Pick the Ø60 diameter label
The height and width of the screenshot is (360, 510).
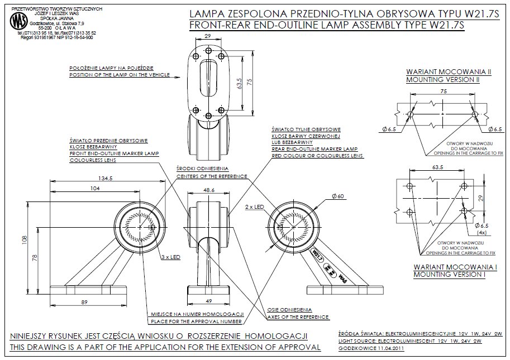point(337,196)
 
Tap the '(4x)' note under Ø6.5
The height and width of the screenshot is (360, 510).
point(482,232)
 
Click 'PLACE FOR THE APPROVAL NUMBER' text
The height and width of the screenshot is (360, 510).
point(196,321)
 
